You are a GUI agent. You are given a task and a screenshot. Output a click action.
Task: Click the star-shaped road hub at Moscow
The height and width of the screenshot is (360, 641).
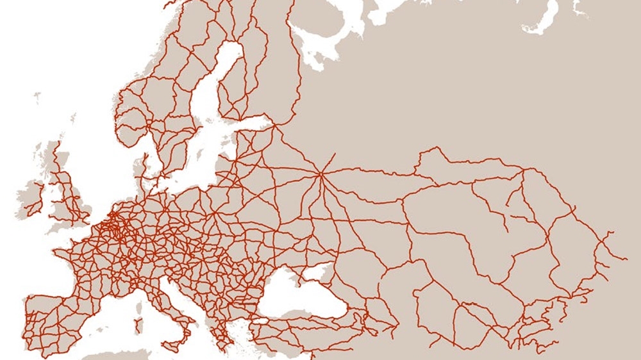[x=321, y=172]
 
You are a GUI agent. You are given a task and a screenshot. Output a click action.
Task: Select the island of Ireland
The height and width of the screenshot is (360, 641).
[x=31, y=195]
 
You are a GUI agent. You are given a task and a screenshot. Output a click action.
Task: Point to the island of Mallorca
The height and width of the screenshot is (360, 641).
[x=99, y=316]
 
